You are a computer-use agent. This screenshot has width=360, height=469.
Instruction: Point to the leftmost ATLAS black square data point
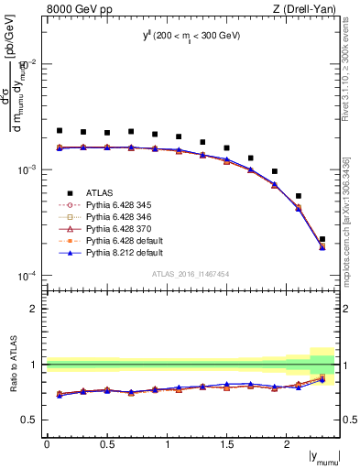point(60,131)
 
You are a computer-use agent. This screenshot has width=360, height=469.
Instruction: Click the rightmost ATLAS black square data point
point(322,239)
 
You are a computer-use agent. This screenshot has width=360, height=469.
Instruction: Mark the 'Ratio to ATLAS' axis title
point(14,364)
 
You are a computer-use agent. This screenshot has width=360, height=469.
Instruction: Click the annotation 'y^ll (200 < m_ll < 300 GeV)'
point(191,38)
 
